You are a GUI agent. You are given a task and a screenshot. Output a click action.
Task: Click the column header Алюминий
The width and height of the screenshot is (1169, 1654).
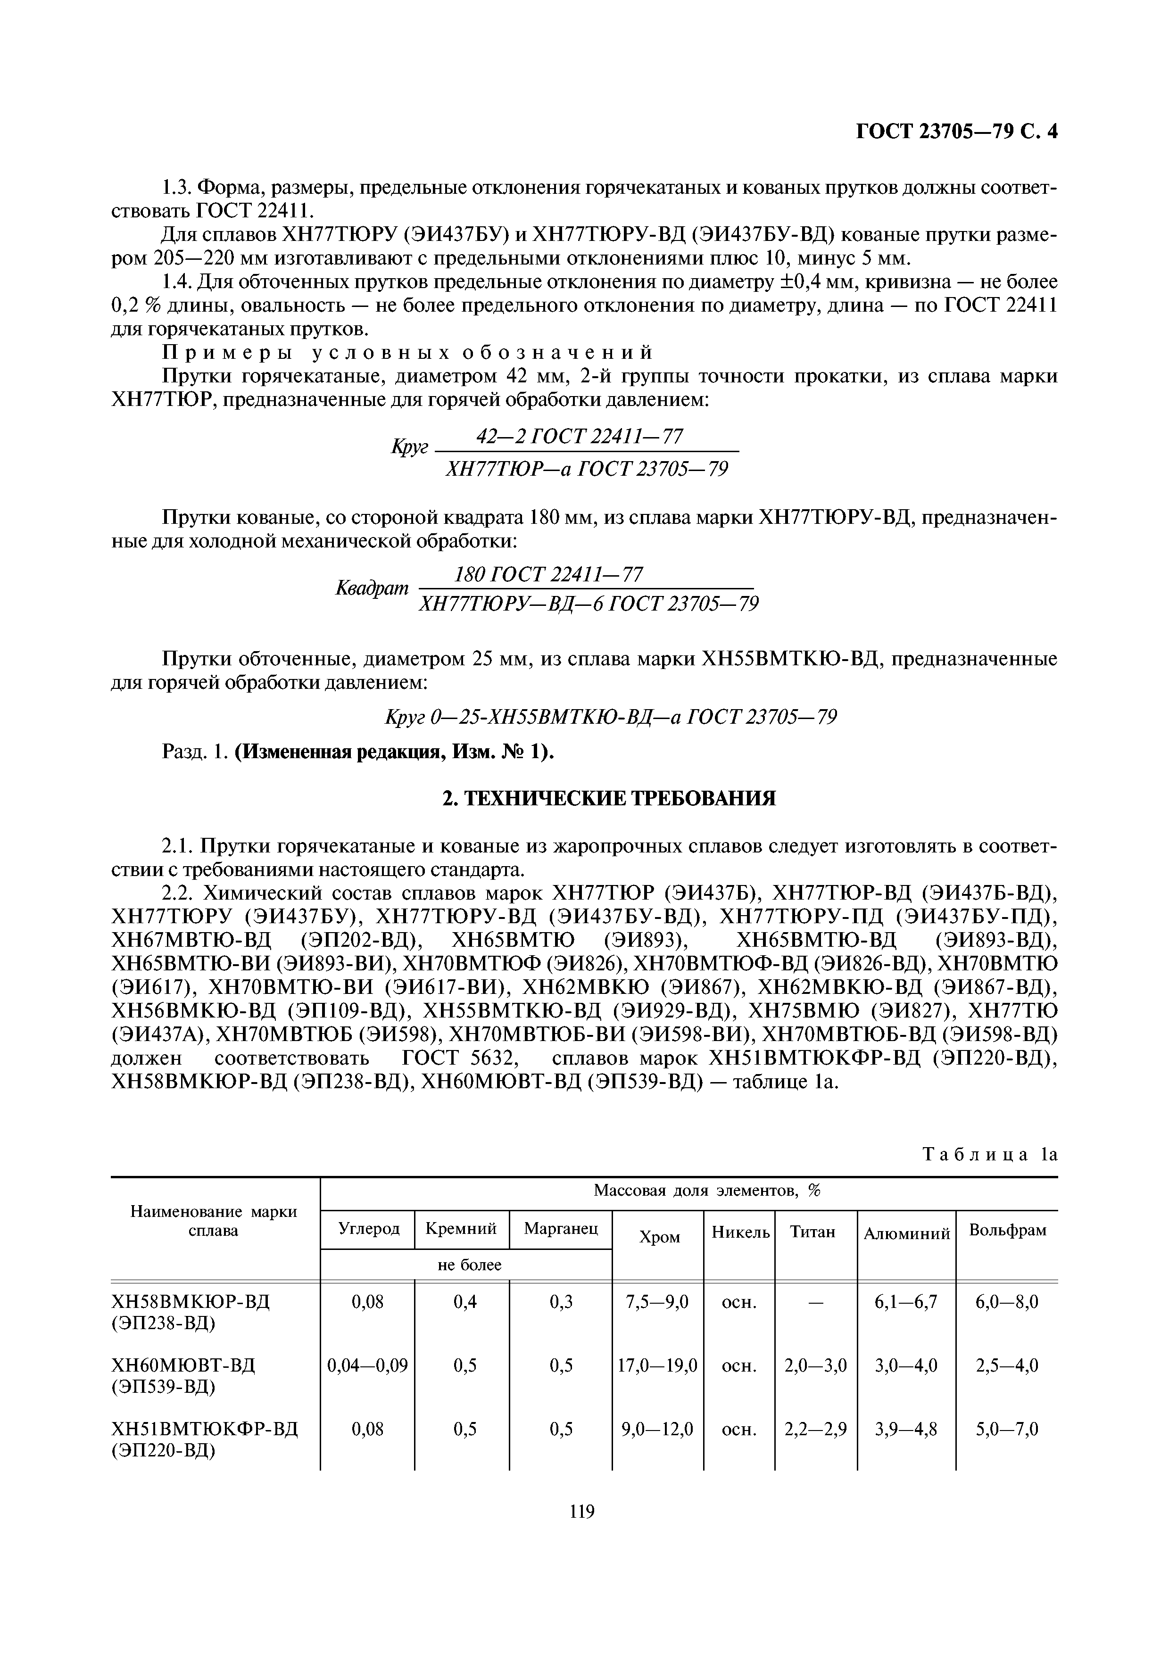pyautogui.click(x=907, y=1234)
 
